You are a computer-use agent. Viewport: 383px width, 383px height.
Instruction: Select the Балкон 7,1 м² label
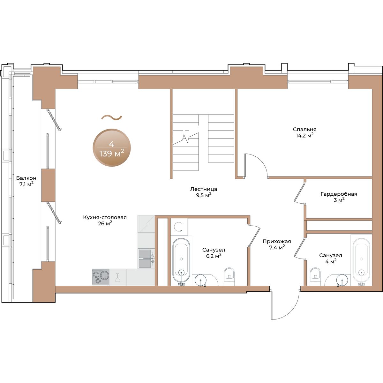tap(26, 181)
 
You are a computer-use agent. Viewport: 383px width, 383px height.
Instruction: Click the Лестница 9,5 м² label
tap(204, 192)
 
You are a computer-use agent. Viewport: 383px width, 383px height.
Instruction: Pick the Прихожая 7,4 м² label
tap(277, 244)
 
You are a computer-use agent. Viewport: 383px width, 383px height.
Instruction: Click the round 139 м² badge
tap(112, 148)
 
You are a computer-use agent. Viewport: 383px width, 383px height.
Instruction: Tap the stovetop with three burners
tap(101, 277)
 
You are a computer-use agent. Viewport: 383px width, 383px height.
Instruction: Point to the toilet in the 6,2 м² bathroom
tap(229, 276)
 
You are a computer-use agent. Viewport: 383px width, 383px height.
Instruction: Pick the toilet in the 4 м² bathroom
tap(315, 277)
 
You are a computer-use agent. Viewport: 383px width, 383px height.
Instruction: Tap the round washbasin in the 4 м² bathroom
tap(342, 280)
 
